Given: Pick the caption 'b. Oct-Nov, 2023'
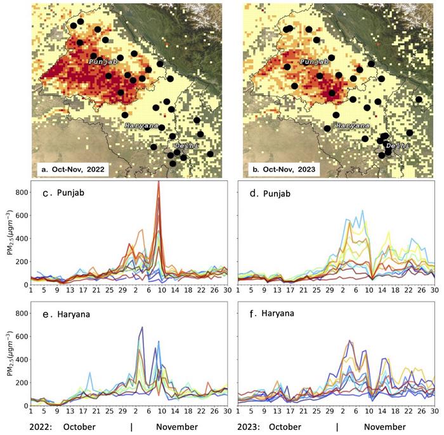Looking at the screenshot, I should (x=286, y=170).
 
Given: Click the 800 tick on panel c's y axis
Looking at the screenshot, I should (x=20, y=192).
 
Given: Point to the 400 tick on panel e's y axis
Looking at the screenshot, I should (x=20, y=359).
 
